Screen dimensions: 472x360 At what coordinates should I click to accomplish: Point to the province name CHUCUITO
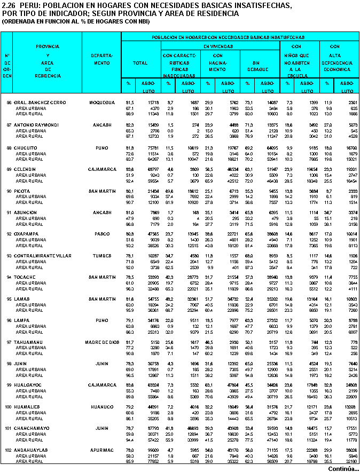[x=25, y=147]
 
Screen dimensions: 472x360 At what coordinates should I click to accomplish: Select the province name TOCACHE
[x=25, y=277]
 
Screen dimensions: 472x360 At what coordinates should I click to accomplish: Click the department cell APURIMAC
[x=101, y=450]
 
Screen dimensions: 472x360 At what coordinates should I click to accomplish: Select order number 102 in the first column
[x=8, y=450]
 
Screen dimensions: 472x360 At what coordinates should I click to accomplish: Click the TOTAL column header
[x=140, y=63]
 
